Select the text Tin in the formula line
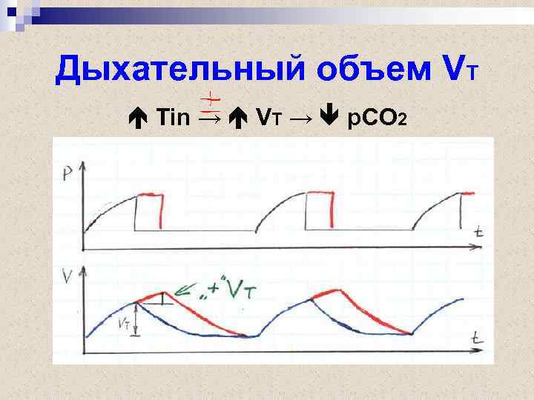point(174,117)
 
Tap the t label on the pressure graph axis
point(480,232)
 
